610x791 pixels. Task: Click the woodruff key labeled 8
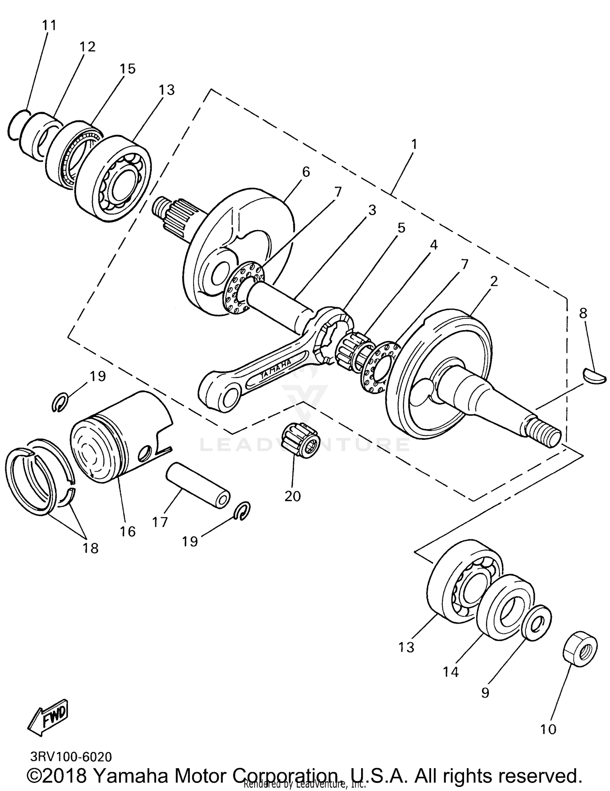pyautogui.click(x=594, y=375)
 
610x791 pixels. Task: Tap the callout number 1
pyautogui.click(x=414, y=144)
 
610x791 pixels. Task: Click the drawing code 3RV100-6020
pyautogui.click(x=71, y=756)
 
